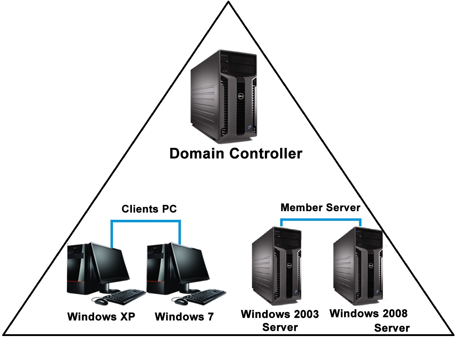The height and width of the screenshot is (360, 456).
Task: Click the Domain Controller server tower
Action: tap(223, 96)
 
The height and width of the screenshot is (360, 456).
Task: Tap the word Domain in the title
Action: tap(197, 154)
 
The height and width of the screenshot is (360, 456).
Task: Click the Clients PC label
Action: tap(149, 209)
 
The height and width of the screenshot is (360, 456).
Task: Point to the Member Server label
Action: tap(320, 207)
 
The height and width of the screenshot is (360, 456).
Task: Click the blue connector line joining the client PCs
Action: tap(145, 221)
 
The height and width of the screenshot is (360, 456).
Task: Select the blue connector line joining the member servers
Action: tap(320, 219)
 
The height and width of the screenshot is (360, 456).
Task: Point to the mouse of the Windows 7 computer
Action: tap(181, 301)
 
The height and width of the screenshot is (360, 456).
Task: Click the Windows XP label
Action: tap(101, 317)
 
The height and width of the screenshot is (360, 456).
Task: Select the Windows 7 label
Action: tap(184, 317)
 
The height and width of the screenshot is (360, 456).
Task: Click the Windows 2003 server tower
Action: tap(276, 265)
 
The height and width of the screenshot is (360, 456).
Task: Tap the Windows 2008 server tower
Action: tap(358, 265)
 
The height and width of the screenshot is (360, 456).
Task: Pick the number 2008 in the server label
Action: tap(393, 313)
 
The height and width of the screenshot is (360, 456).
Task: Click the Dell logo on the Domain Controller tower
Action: tap(240, 96)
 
